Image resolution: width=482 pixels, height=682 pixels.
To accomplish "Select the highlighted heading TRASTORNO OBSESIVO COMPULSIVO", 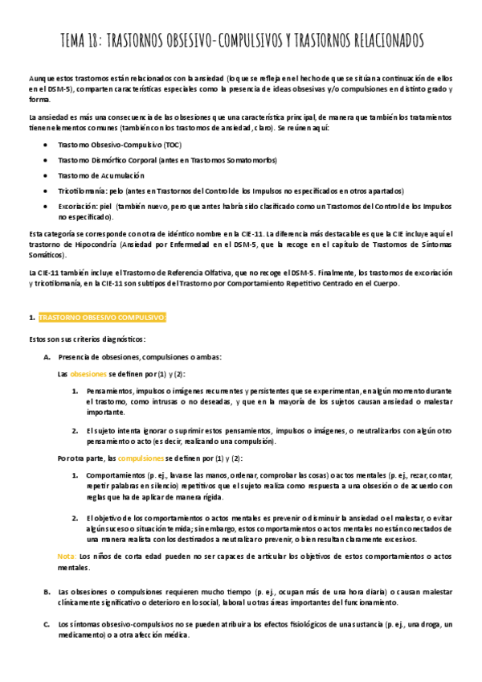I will (102, 318).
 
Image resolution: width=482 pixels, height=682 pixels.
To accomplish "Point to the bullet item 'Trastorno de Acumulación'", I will (101, 175).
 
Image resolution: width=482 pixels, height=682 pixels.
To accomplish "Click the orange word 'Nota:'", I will (67, 556).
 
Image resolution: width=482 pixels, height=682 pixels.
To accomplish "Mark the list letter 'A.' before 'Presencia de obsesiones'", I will (47, 356).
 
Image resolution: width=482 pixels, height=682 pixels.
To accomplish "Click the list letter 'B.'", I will (47, 591).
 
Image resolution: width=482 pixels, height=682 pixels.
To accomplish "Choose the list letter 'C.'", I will (47, 624).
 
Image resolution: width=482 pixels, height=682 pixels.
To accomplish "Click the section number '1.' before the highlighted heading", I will (31, 318).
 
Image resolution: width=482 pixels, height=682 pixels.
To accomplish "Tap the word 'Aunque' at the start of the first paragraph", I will (39, 76).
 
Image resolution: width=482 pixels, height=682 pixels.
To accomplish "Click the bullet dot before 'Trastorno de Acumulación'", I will (43, 175).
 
